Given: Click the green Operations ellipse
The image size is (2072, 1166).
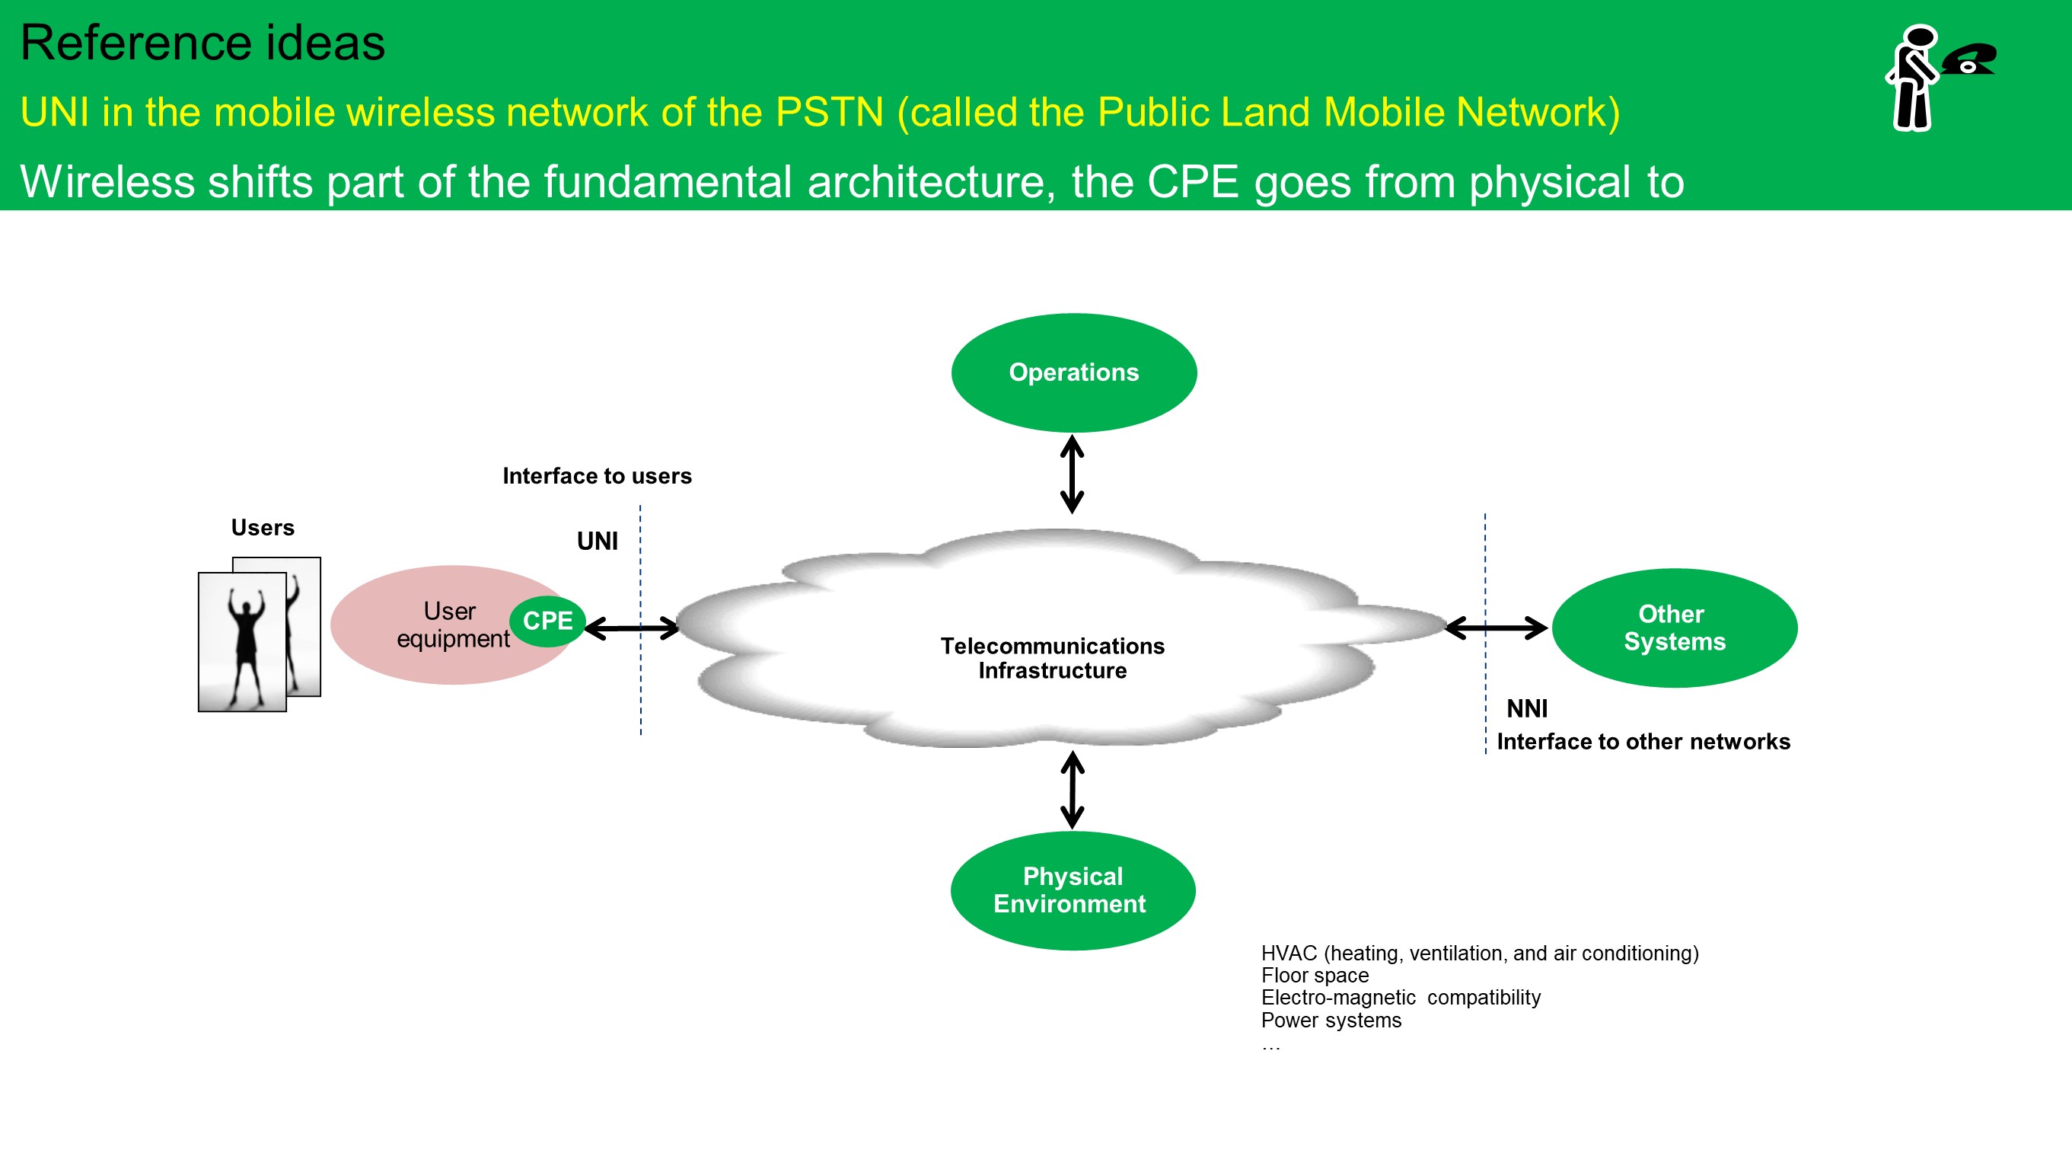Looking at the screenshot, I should (1074, 372).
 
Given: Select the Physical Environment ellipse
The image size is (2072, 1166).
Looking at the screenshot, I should (1073, 890).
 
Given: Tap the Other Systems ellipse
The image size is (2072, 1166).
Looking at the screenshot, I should (1674, 628).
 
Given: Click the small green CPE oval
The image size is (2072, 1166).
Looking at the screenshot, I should (548, 621).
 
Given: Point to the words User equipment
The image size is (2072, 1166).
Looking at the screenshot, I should (452, 625).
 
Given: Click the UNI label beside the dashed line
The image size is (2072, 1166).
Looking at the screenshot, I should (597, 541).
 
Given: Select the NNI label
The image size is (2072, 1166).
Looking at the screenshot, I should (1527, 709).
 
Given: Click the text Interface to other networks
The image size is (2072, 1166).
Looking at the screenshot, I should (1643, 742).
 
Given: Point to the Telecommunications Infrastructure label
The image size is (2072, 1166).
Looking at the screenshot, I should (1052, 658).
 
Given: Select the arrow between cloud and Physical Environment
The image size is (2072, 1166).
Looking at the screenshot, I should (1073, 790).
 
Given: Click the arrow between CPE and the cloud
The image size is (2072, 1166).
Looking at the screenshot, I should (633, 628).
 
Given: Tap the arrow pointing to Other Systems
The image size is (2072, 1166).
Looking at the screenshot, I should (1496, 628).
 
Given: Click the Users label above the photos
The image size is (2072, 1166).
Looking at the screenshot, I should (262, 528).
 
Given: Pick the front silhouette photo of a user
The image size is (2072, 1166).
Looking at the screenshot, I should (242, 641).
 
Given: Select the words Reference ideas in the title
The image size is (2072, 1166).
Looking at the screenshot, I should (202, 43).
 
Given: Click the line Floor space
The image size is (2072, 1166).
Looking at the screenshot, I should (1315, 976).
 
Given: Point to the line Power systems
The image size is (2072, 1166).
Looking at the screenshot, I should (1331, 1021).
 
